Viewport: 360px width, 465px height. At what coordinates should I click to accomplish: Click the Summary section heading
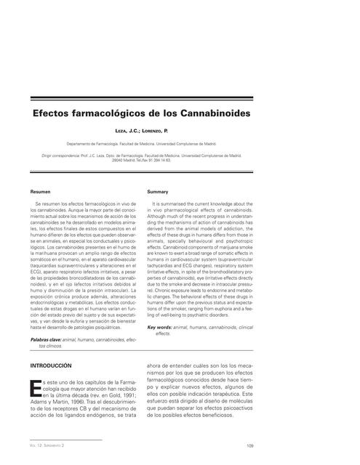tap(158, 193)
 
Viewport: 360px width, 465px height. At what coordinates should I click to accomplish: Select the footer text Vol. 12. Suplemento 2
tap(49, 445)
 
